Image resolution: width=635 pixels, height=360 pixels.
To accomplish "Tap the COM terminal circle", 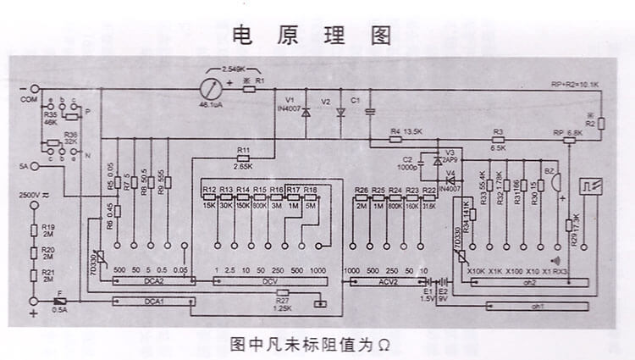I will pos(36,88).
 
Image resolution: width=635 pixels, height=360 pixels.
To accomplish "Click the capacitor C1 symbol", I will pos(370,110).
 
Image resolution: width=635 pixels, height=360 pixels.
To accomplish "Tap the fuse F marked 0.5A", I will pos(58,301).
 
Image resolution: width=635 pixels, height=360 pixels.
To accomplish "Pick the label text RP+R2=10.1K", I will pos(575,86).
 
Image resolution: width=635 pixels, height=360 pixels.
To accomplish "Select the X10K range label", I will pos(477,271).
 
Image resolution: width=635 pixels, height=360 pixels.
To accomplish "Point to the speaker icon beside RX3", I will pos(556,260).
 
